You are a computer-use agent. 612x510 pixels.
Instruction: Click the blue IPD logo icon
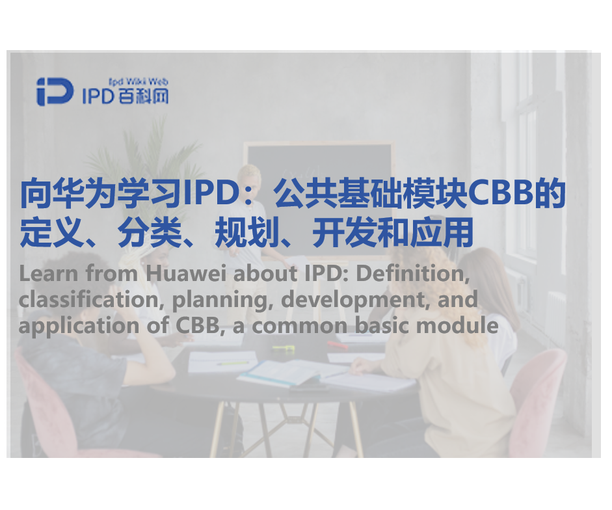(55, 92)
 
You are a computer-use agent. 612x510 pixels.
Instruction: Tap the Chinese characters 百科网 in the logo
(144, 97)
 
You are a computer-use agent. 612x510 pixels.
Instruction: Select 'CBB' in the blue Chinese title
(501, 194)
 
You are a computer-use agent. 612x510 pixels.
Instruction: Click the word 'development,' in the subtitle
(341, 299)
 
